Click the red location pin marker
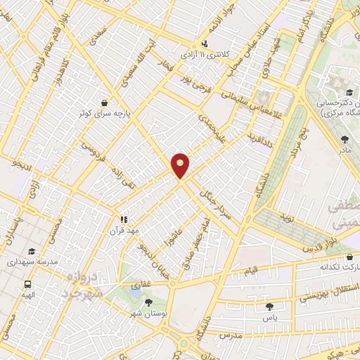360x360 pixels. pos(181,165)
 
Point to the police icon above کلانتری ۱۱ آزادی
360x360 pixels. pos(205,42)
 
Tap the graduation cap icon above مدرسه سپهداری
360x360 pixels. pos(31,251)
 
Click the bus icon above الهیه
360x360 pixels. pos(27,285)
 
